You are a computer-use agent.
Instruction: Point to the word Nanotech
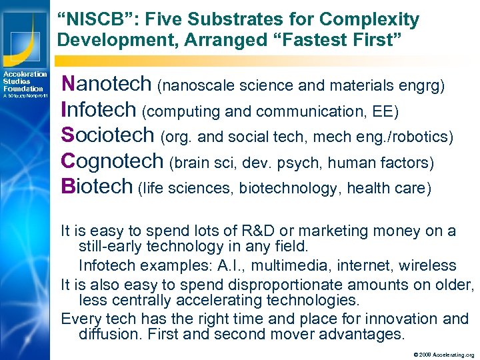106,84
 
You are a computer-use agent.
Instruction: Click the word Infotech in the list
99,110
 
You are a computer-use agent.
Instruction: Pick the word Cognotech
112,161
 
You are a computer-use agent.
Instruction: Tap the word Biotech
97,187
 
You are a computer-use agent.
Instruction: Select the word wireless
428,265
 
